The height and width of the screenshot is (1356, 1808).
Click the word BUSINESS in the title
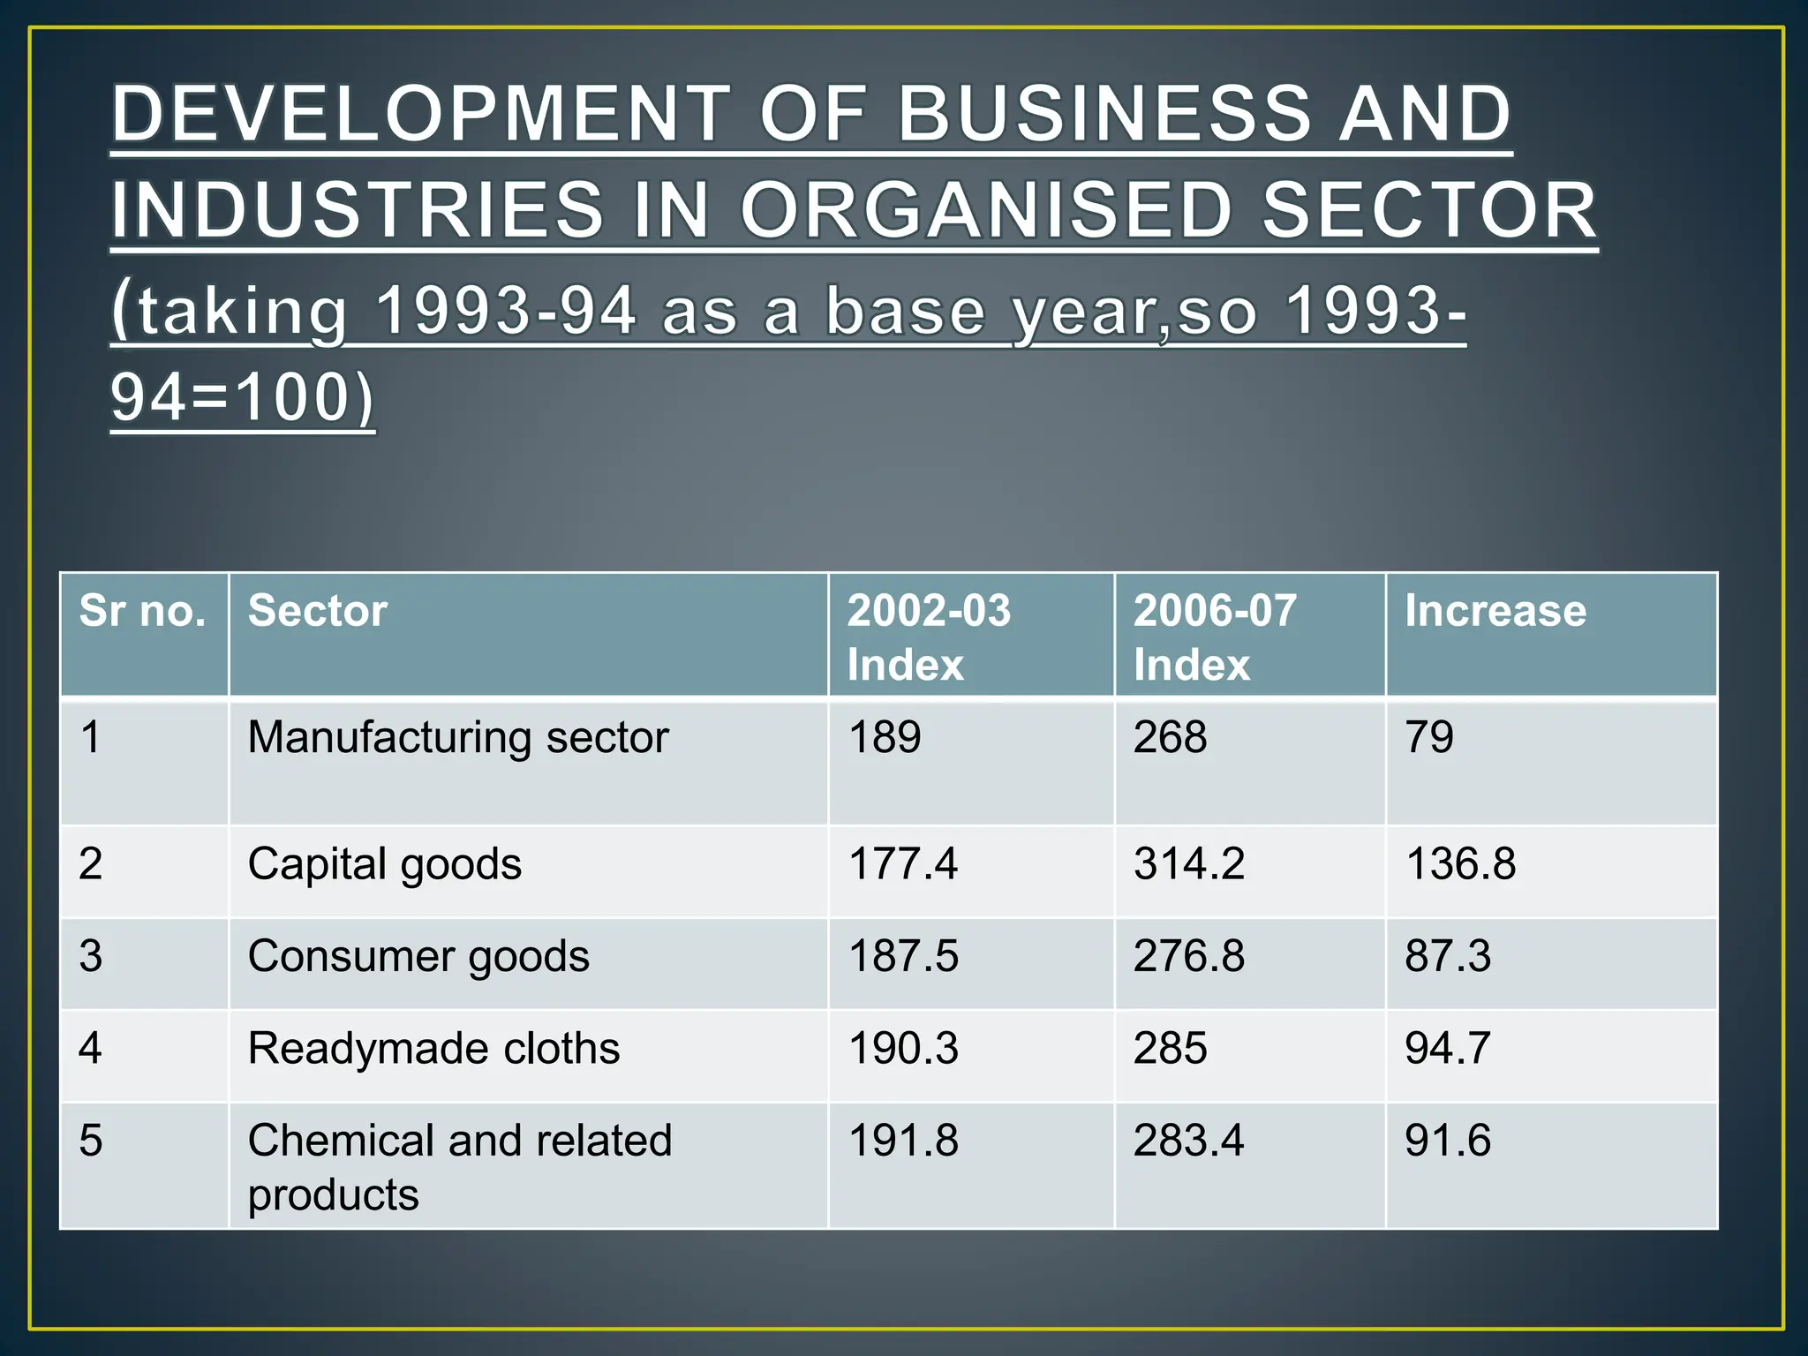(1104, 114)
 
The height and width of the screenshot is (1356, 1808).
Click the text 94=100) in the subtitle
(243, 398)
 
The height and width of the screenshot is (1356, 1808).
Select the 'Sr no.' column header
(142, 611)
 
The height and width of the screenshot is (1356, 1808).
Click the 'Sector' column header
(318, 611)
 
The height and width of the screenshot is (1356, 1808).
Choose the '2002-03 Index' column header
(928, 637)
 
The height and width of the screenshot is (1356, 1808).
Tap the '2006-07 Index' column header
(1214, 637)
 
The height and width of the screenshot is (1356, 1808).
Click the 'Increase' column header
(1495, 611)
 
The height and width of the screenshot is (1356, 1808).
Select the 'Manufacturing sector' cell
(458, 737)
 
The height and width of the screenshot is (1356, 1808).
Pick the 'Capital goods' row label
(384, 863)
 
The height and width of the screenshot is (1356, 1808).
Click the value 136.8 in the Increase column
(1460, 863)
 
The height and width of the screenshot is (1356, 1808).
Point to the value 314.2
(1188, 863)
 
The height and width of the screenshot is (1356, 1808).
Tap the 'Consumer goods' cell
(418, 956)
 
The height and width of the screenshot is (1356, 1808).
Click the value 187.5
(902, 956)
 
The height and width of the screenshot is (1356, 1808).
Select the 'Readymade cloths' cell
(433, 1049)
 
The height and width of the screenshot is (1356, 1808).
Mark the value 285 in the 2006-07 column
(1170, 1049)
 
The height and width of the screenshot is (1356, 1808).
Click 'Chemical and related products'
(459, 1165)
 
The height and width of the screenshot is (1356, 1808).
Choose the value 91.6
(1448, 1141)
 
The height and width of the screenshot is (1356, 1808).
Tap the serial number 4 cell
(91, 1049)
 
